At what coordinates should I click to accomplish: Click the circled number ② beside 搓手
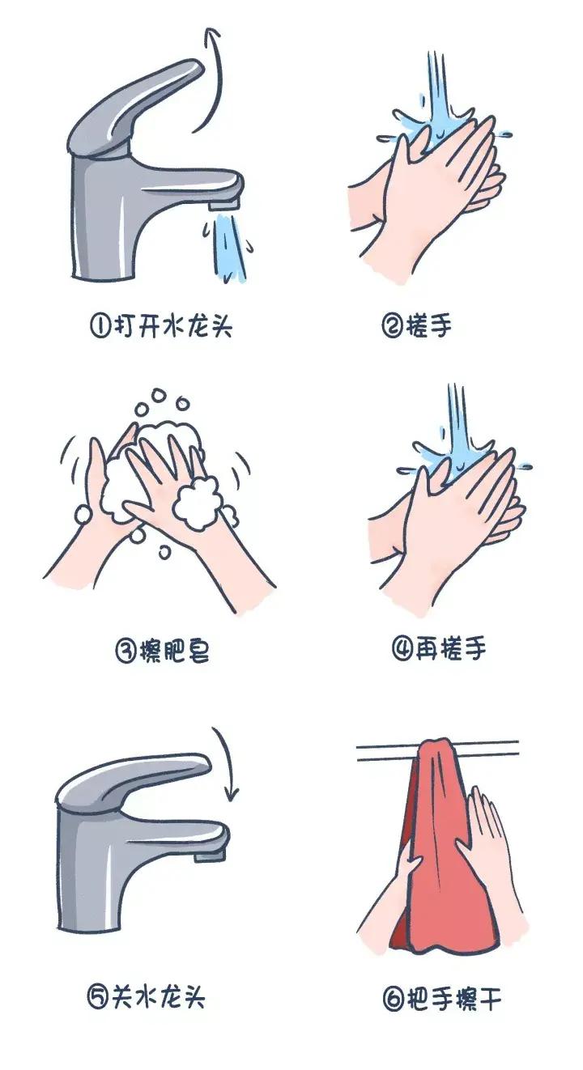click(393, 326)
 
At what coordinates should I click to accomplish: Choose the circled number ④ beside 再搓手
click(403, 649)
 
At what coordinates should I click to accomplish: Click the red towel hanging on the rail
click(433, 850)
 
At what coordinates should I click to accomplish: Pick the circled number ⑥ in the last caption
click(393, 1000)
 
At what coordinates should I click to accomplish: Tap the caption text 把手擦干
click(453, 1000)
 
